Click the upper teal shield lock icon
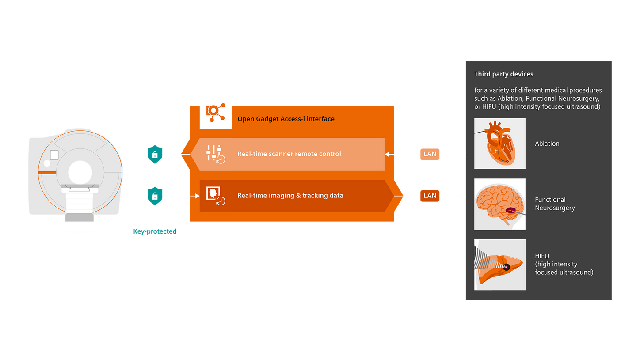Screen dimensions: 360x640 click(x=155, y=154)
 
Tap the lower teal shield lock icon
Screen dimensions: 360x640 click(x=155, y=196)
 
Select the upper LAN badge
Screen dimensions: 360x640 click(x=430, y=154)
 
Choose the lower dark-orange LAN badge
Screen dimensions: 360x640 click(x=430, y=196)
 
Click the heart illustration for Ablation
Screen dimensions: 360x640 click(x=499, y=144)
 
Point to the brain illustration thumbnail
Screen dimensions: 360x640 click(x=499, y=204)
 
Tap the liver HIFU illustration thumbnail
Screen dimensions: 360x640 click(x=499, y=265)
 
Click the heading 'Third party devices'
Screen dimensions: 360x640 click(x=503, y=74)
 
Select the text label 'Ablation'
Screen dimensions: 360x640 click(x=547, y=144)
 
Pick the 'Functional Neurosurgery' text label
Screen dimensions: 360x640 click(x=554, y=204)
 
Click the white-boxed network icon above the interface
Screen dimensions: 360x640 click(x=216, y=112)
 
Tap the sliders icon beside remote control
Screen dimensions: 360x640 click(x=215, y=154)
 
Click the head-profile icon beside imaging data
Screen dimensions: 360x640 click(x=215, y=196)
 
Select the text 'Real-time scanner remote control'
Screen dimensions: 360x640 click(x=289, y=154)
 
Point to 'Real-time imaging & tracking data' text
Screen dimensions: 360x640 click(x=290, y=196)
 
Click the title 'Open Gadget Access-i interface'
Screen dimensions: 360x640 click(x=286, y=119)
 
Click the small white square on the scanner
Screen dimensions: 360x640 click(x=54, y=155)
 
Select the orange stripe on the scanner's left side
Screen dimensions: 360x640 click(x=47, y=172)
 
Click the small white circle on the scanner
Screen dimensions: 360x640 click(x=47, y=163)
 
